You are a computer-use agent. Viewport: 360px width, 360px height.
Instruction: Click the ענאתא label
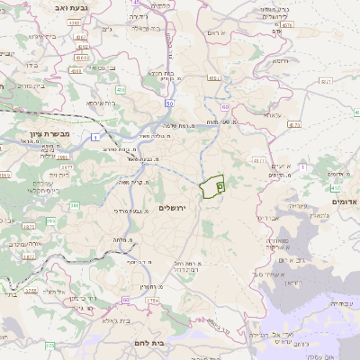pos(272,115)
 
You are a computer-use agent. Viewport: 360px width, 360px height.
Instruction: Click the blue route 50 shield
pos(169,104)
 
